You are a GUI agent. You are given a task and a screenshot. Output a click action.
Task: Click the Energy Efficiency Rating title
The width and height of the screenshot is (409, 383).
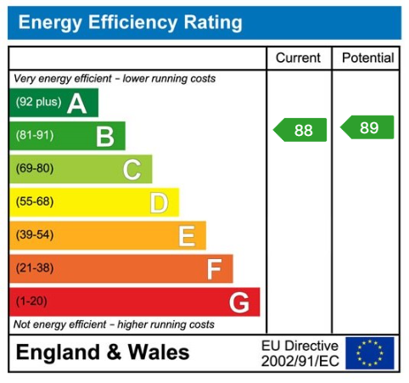pyautogui.click(x=130, y=23)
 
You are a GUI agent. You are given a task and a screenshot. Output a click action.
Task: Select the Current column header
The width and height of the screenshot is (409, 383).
pyautogui.click(x=299, y=58)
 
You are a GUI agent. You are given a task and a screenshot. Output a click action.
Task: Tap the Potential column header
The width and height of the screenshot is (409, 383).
pyautogui.click(x=367, y=58)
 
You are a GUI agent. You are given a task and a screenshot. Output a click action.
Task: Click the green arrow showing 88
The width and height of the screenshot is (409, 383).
pyautogui.click(x=300, y=130)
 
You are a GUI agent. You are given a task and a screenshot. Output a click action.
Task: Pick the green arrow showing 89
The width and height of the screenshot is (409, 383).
pyautogui.click(x=367, y=127)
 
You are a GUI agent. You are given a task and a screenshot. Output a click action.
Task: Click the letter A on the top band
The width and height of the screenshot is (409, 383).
pyautogui.click(x=77, y=104)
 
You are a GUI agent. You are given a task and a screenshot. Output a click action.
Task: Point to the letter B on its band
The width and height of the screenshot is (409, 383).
pyautogui.click(x=104, y=136)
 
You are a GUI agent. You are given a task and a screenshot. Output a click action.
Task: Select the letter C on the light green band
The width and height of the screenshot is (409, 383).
pyautogui.click(x=132, y=169)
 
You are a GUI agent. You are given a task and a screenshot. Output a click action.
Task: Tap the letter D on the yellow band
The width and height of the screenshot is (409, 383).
pyautogui.click(x=159, y=202)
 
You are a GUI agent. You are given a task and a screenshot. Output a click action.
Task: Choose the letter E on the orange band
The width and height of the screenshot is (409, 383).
pyautogui.click(x=186, y=235)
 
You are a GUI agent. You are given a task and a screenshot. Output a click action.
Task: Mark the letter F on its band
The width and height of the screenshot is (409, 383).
pyautogui.click(x=214, y=269)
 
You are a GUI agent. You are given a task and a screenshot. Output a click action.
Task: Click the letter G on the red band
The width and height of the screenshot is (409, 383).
pyautogui.click(x=239, y=302)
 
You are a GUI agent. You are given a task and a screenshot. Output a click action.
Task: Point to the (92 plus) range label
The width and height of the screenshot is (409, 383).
pyautogui.click(x=38, y=104)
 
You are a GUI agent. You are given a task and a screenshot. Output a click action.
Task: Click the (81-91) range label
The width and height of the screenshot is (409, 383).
pyautogui.click(x=34, y=136)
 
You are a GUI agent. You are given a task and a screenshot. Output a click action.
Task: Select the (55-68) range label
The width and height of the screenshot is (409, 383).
pyautogui.click(x=34, y=202)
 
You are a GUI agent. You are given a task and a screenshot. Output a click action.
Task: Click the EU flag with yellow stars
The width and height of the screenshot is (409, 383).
pyautogui.click(x=370, y=352)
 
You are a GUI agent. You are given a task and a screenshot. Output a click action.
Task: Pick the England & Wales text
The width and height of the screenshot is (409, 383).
pyautogui.click(x=103, y=352)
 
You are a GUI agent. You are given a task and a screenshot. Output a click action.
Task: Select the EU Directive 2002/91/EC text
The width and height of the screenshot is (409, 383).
pyautogui.click(x=300, y=352)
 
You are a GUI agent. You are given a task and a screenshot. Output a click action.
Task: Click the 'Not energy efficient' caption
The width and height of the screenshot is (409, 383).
pyautogui.click(x=114, y=324)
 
